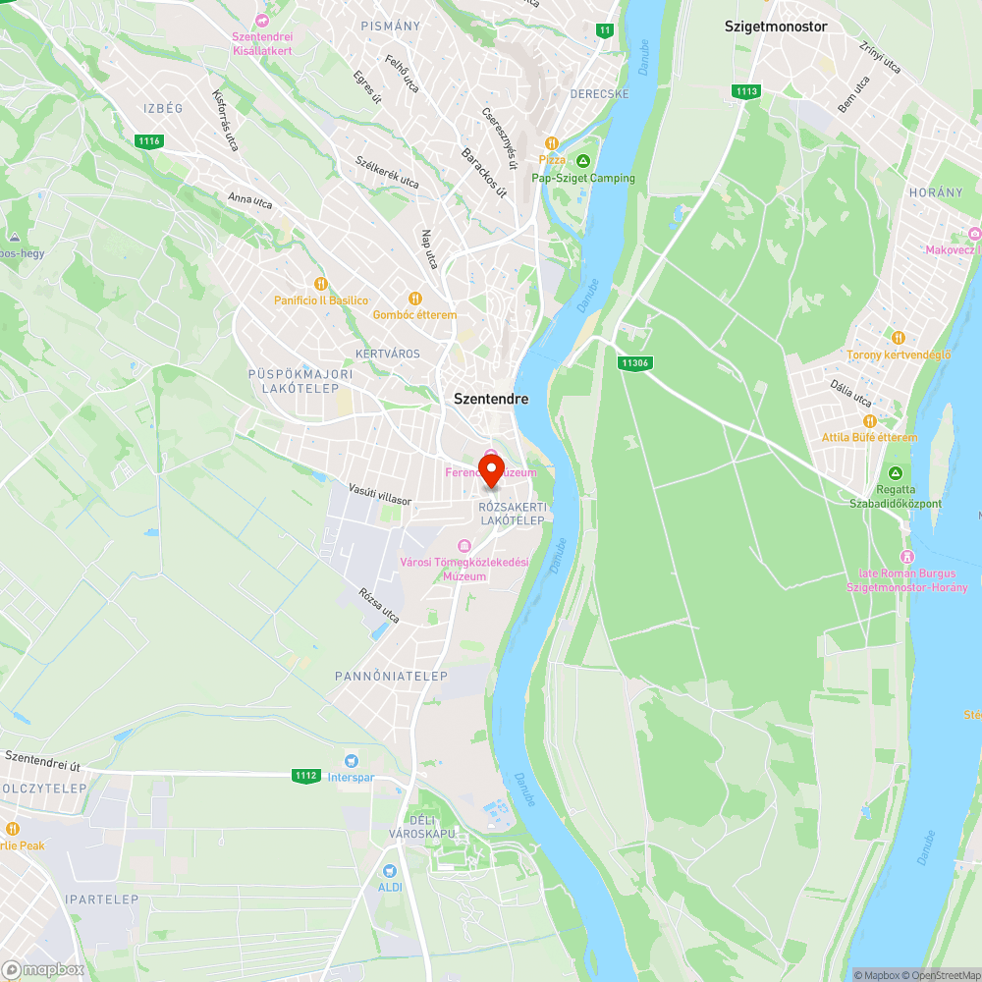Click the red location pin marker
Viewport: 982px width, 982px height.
pos(491,467)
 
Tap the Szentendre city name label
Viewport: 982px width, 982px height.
pos(491,399)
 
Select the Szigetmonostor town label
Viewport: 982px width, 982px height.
pos(776,27)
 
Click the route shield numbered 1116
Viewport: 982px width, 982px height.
pos(149,141)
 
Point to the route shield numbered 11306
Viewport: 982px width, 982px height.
pos(635,362)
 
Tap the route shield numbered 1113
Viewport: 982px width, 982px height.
pos(745,91)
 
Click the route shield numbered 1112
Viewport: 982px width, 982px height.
pos(306,775)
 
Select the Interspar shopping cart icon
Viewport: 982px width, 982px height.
pos(351,761)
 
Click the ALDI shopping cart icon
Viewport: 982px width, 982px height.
pos(391,870)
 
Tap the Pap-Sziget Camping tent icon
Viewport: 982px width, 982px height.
pos(583,161)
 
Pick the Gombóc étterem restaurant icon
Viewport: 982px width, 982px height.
pos(414,299)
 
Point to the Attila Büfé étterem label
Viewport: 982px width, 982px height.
pos(870,438)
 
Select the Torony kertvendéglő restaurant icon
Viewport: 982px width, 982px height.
pos(899,338)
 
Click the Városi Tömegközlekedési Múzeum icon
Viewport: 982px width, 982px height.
pos(464,546)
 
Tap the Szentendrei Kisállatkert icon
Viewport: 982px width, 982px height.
pos(262,20)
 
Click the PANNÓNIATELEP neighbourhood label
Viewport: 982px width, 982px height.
pos(391,677)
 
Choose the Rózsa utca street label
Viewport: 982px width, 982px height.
pos(380,606)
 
